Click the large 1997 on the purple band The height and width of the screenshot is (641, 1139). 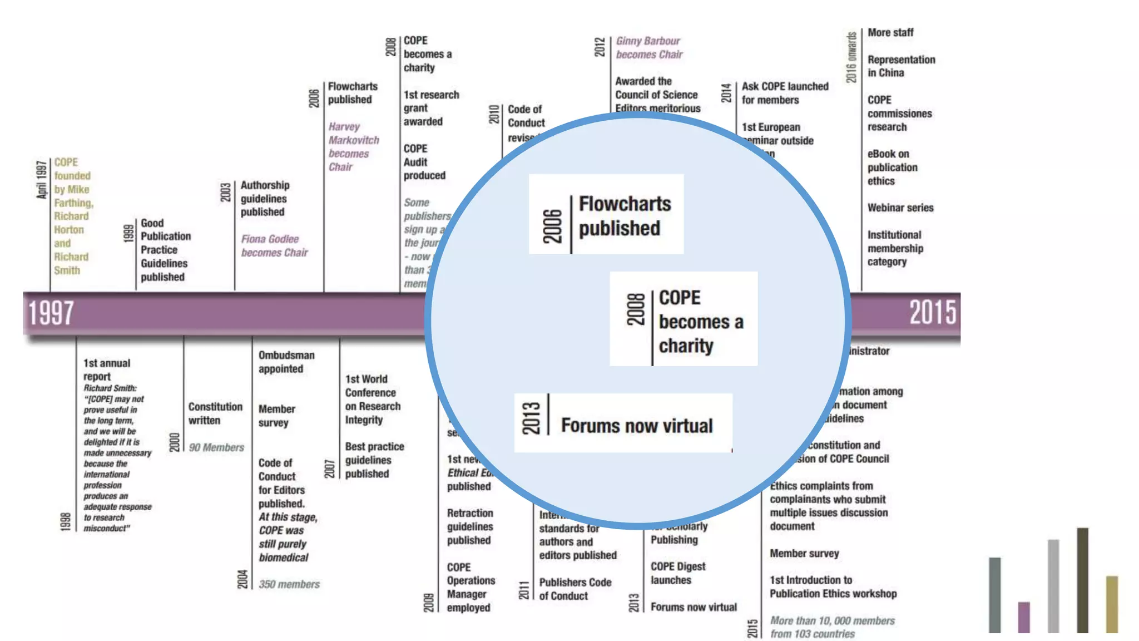(51, 313)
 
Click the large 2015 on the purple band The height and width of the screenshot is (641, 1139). (933, 312)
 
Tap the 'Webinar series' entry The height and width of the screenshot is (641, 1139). (900, 208)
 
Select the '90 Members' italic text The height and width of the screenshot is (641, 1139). (216, 448)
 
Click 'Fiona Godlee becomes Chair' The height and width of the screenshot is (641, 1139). (274, 246)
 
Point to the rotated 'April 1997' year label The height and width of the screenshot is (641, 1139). (41, 180)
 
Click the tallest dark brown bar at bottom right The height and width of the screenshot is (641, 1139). (1082, 580)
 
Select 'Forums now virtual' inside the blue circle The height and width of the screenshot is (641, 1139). (636, 426)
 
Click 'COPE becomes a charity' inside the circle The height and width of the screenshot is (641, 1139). (700, 322)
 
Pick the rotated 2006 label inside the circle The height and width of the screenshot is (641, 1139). (552, 226)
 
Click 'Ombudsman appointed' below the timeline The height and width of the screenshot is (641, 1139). (286, 362)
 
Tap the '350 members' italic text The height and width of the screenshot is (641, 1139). (289, 585)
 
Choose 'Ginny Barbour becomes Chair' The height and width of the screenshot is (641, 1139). (648, 48)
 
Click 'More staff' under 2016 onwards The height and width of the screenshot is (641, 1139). (890, 33)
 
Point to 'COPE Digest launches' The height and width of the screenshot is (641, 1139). (677, 573)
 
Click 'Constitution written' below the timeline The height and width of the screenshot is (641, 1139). (215, 413)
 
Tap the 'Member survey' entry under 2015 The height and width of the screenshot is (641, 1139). (804, 554)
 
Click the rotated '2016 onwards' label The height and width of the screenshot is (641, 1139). (851, 57)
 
